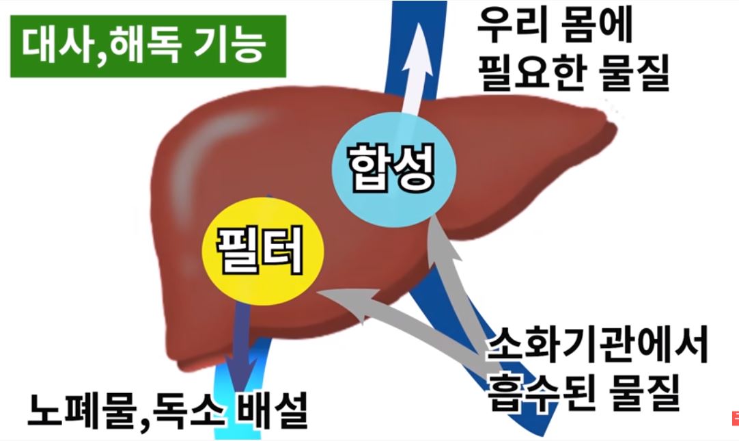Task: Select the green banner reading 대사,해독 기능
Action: (x=148, y=45)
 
